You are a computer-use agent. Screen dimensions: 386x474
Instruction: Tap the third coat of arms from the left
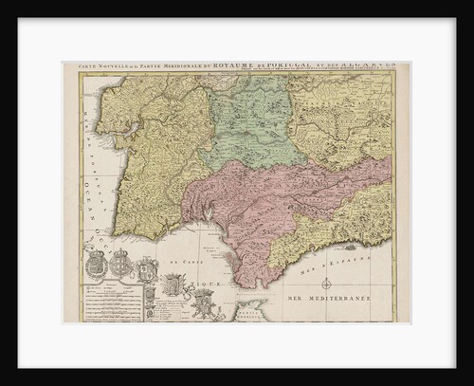click(144, 270)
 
